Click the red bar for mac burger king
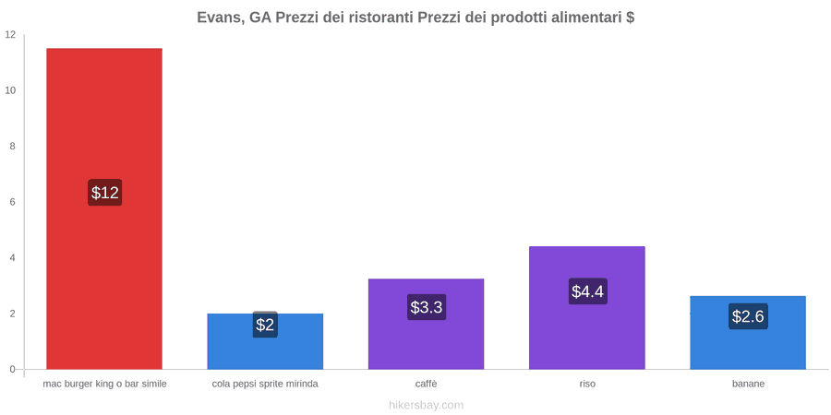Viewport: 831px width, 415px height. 104,208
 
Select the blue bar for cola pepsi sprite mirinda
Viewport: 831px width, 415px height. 265,341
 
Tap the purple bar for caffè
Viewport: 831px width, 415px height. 426,324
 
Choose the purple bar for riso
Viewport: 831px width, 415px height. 587,307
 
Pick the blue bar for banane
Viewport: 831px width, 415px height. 748,332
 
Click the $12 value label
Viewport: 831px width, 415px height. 105,192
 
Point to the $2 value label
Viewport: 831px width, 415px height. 265,325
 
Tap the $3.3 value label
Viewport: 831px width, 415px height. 427,306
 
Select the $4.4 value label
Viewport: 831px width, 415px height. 588,291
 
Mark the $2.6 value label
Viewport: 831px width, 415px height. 748,316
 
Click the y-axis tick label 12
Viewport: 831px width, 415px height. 10,35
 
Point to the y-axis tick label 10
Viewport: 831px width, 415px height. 10,90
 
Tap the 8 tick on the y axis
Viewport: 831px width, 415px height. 13,147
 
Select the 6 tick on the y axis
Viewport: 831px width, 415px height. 13,202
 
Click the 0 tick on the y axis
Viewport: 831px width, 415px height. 13,370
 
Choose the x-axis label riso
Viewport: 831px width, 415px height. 587,385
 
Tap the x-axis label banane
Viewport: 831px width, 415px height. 748,385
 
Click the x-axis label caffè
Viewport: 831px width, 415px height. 426,385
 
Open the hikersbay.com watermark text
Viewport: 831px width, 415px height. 426,406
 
